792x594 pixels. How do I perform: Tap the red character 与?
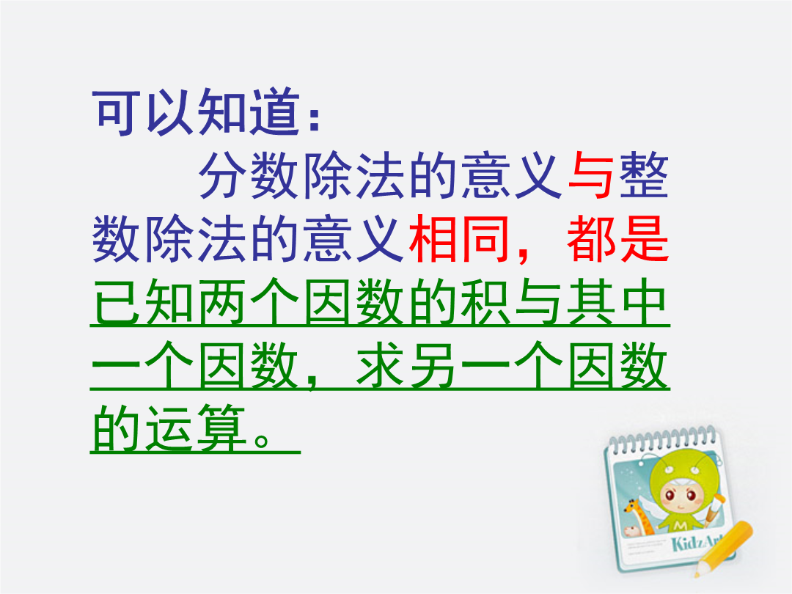[590, 175]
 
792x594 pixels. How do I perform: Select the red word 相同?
[458, 238]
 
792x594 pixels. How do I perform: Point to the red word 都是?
[617, 238]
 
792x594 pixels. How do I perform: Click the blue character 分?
[222, 175]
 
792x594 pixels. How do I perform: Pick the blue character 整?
[644, 175]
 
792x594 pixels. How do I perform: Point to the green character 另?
[433, 364]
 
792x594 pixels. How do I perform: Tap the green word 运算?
[196, 428]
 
